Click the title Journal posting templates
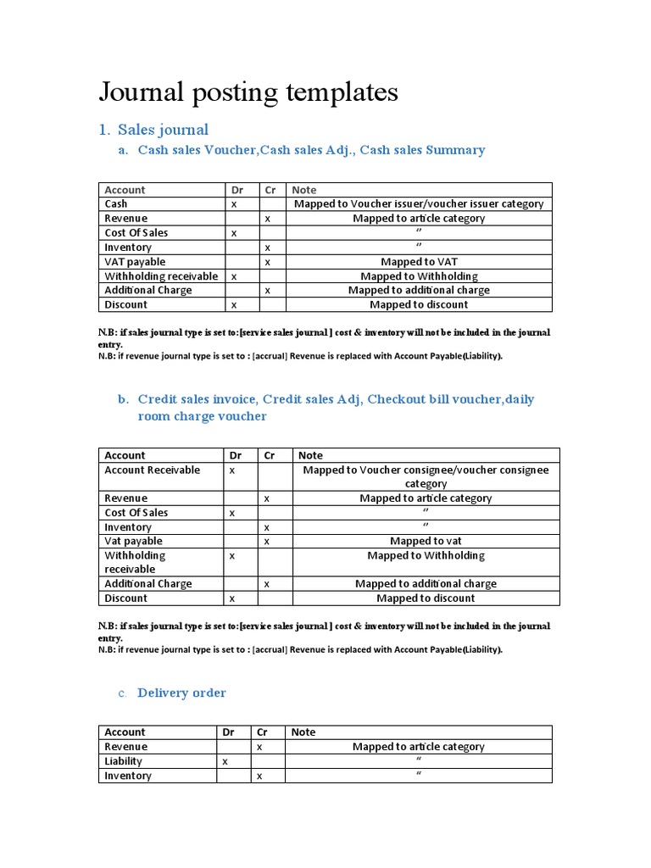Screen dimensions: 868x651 248,92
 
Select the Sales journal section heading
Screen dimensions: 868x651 163,130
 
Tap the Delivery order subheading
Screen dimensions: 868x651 181,693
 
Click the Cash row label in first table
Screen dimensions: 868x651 116,204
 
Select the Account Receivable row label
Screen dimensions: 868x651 153,470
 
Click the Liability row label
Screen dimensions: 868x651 124,761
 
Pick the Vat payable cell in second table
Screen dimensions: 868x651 133,541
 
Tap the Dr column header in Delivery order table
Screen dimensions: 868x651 228,732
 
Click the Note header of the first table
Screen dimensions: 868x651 303,190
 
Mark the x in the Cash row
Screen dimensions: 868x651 234,204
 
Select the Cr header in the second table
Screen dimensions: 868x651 270,455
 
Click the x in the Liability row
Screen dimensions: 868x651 225,761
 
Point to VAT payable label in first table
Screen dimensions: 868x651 135,262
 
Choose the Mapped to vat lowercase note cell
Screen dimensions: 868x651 426,541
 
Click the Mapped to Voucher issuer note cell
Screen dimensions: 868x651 419,204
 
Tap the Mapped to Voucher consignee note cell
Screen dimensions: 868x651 426,476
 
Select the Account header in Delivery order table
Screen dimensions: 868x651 125,732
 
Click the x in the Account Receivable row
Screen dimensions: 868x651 231,470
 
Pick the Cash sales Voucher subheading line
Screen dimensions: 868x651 311,150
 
